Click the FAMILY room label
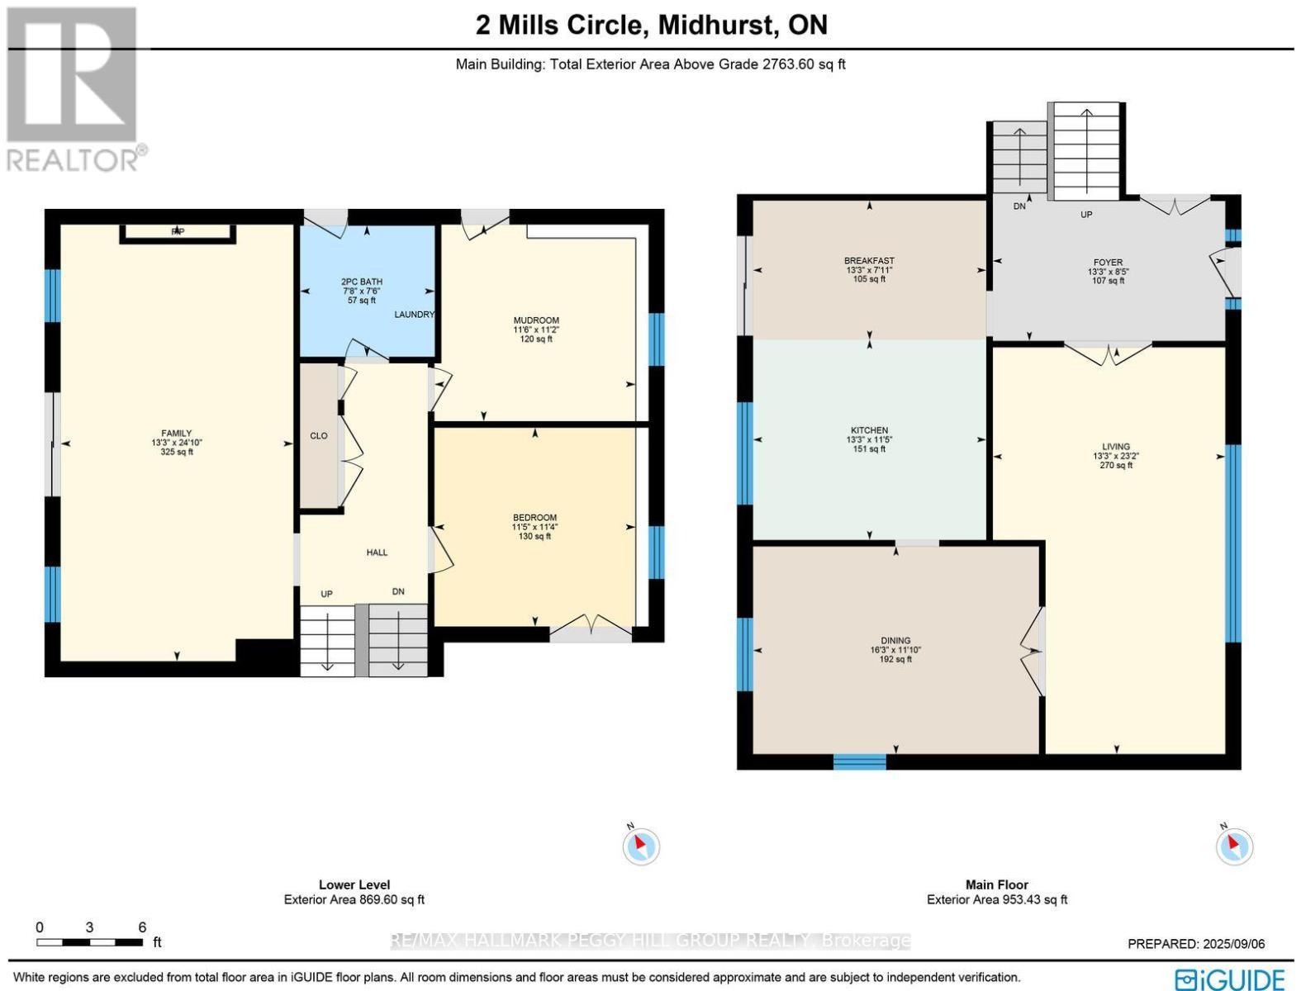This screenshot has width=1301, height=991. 176,434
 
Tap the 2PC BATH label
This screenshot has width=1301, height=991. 362,282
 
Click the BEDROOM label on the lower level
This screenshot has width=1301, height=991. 534,518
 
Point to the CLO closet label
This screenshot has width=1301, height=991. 319,436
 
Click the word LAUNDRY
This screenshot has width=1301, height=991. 414,315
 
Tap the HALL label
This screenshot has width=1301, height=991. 377,552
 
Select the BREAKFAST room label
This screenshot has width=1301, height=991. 869,261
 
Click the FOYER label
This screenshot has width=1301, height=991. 1108,263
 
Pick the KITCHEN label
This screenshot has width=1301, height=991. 869,430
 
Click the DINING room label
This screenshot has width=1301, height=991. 895,641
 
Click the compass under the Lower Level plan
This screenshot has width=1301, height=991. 641,845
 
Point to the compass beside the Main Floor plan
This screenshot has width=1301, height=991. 1234,845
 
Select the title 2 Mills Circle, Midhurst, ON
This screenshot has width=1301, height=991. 651,25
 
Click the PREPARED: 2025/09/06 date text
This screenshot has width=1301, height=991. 1195,944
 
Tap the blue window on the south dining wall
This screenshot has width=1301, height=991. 859,761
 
